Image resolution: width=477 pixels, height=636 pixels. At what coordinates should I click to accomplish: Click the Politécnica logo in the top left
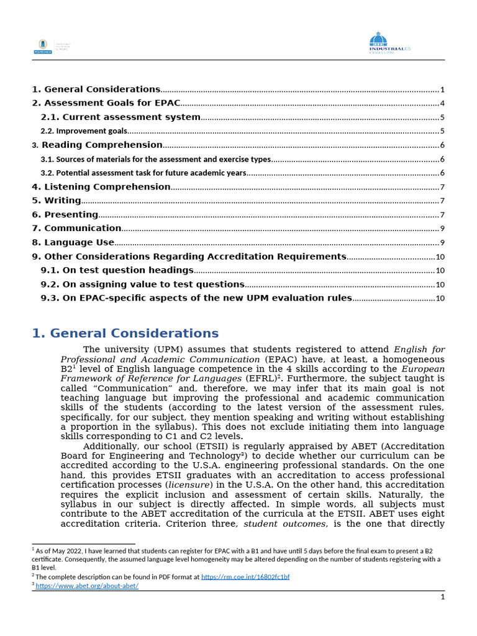[43, 46]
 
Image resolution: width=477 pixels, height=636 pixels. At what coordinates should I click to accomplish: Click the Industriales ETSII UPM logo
[389, 43]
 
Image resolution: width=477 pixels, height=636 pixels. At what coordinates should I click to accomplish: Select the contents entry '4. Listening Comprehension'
[101, 187]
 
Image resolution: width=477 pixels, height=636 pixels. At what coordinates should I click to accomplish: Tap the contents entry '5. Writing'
[56, 201]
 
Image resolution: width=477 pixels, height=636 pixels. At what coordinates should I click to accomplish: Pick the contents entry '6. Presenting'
[65, 215]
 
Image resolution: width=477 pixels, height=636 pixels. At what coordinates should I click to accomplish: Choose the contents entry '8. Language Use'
[73, 242]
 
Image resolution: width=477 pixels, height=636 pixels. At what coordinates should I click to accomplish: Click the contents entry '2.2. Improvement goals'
[84, 131]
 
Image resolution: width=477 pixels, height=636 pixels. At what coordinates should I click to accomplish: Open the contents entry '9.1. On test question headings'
[117, 270]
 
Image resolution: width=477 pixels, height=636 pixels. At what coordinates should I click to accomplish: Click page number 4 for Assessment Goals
[442, 104]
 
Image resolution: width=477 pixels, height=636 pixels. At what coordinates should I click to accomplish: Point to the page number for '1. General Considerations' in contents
[442, 89]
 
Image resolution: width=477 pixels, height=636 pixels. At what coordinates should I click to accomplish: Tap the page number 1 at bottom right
[442, 597]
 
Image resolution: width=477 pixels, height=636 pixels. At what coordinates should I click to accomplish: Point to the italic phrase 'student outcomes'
[285, 524]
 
